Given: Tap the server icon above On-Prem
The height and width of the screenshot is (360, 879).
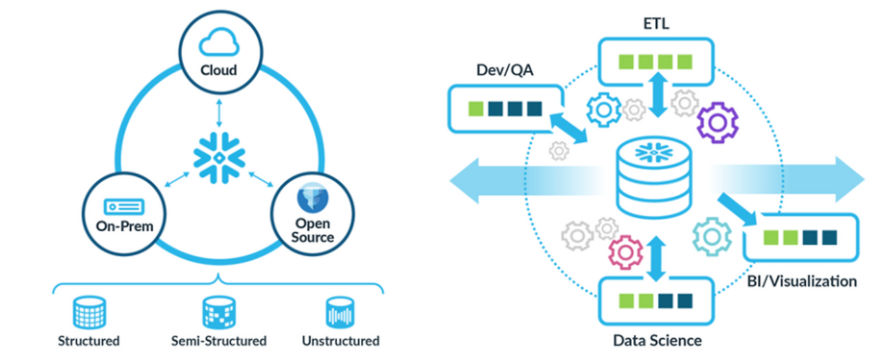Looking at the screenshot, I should click(124, 205).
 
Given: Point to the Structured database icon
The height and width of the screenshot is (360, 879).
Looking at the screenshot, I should click(89, 313).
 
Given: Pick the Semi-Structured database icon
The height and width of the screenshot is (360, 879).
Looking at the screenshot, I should click(218, 313).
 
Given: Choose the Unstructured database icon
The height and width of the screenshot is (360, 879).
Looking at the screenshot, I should click(340, 313).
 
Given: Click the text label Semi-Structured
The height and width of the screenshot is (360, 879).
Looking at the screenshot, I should click(218, 341).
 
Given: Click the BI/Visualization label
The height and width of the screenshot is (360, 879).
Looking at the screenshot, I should click(801, 281).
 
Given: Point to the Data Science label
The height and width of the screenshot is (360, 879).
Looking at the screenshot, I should click(657, 340).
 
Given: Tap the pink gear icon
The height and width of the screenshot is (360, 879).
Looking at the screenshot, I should click(625, 251).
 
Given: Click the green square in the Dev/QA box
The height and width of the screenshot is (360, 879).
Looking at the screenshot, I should click(475, 109).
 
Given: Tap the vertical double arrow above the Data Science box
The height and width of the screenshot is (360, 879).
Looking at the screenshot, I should click(657, 258).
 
